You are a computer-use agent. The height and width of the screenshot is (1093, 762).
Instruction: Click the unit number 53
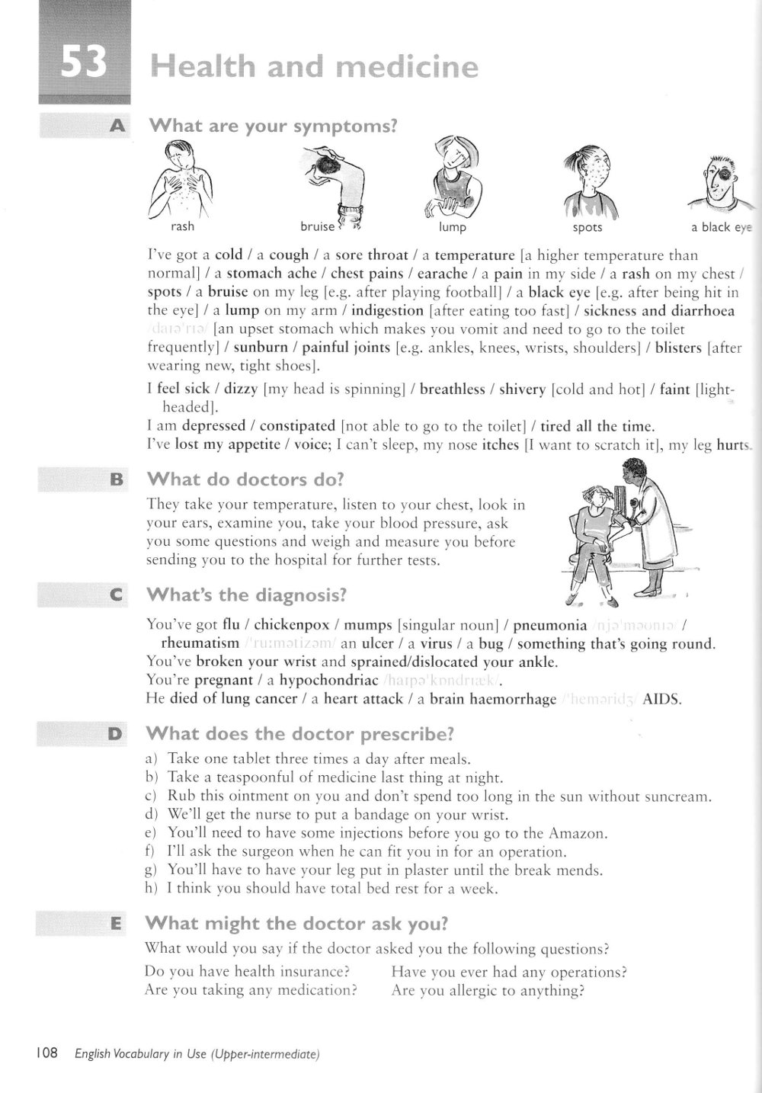(x=84, y=65)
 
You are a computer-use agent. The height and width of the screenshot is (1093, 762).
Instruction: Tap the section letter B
(x=117, y=479)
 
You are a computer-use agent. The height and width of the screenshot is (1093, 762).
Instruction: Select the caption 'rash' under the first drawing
(x=183, y=226)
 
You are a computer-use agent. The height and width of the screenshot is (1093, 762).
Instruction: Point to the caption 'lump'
(x=453, y=227)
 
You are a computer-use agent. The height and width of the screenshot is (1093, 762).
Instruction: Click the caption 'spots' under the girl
(x=587, y=227)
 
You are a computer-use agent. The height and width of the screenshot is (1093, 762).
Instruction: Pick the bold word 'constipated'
(x=297, y=426)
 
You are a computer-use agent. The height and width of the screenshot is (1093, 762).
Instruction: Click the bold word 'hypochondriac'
(x=329, y=680)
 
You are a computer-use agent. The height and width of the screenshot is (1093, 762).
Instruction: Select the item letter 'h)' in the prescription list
(x=151, y=888)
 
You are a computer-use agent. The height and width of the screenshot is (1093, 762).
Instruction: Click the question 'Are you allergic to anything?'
(x=488, y=991)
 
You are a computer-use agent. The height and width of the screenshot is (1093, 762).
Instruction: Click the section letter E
(x=117, y=924)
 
